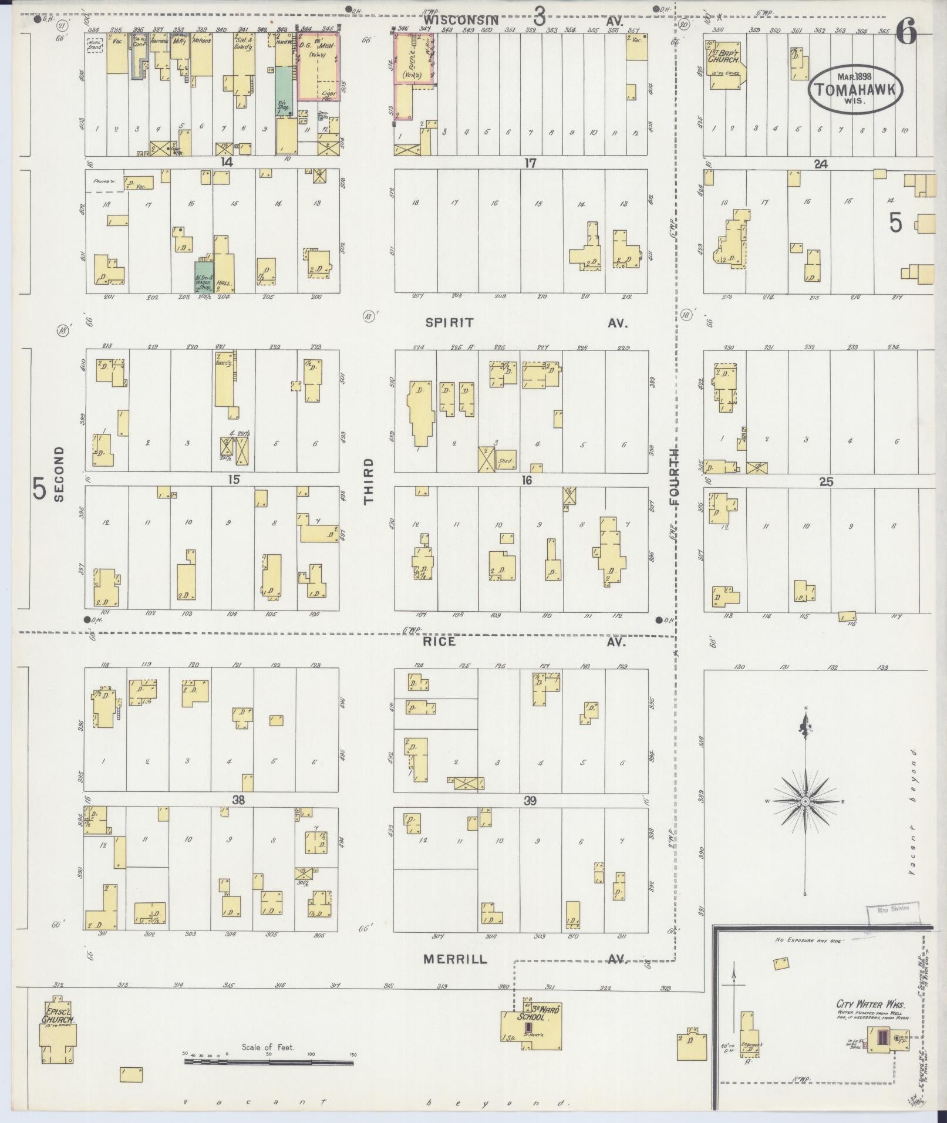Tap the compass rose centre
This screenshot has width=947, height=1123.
point(806,802)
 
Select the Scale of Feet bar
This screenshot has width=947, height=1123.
point(268,1063)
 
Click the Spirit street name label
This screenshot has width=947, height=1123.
point(450,323)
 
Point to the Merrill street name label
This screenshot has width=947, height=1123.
point(455,959)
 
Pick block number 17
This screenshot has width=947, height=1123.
point(530,163)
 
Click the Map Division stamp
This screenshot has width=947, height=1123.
point(892,925)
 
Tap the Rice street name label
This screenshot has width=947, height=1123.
point(439,642)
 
